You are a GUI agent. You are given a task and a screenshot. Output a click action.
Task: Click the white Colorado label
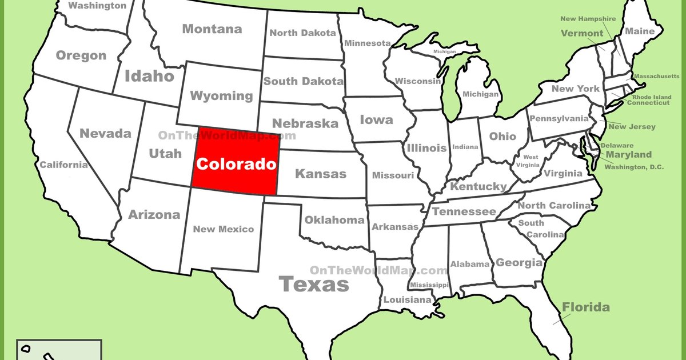click(236, 165)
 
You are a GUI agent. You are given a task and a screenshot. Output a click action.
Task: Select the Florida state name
click(585, 307)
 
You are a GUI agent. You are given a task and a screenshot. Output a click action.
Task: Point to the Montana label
click(212, 29)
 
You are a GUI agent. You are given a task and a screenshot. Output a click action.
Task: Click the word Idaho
click(149, 76)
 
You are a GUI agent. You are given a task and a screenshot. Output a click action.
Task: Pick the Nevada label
click(105, 134)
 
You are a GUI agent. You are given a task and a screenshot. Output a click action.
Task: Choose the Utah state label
click(165, 153)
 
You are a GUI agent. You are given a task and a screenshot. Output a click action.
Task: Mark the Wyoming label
click(221, 95)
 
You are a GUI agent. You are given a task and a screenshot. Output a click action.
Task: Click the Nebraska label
click(305, 123)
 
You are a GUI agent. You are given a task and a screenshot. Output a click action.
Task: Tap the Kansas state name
click(320, 174)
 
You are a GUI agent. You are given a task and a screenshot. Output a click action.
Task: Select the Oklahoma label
click(334, 220)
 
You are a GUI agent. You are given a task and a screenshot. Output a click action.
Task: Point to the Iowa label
click(376, 120)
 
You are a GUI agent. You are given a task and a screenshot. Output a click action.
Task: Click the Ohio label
click(502, 137)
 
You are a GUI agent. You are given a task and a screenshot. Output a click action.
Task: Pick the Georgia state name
click(519, 263)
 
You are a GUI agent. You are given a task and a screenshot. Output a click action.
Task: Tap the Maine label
click(640, 31)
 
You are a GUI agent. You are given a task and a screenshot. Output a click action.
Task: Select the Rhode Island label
click(651, 97)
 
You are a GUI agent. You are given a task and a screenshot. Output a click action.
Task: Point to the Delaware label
click(616, 146)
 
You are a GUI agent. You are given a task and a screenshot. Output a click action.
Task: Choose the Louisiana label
click(407, 300)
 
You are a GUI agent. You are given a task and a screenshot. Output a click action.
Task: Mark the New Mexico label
click(223, 229)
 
